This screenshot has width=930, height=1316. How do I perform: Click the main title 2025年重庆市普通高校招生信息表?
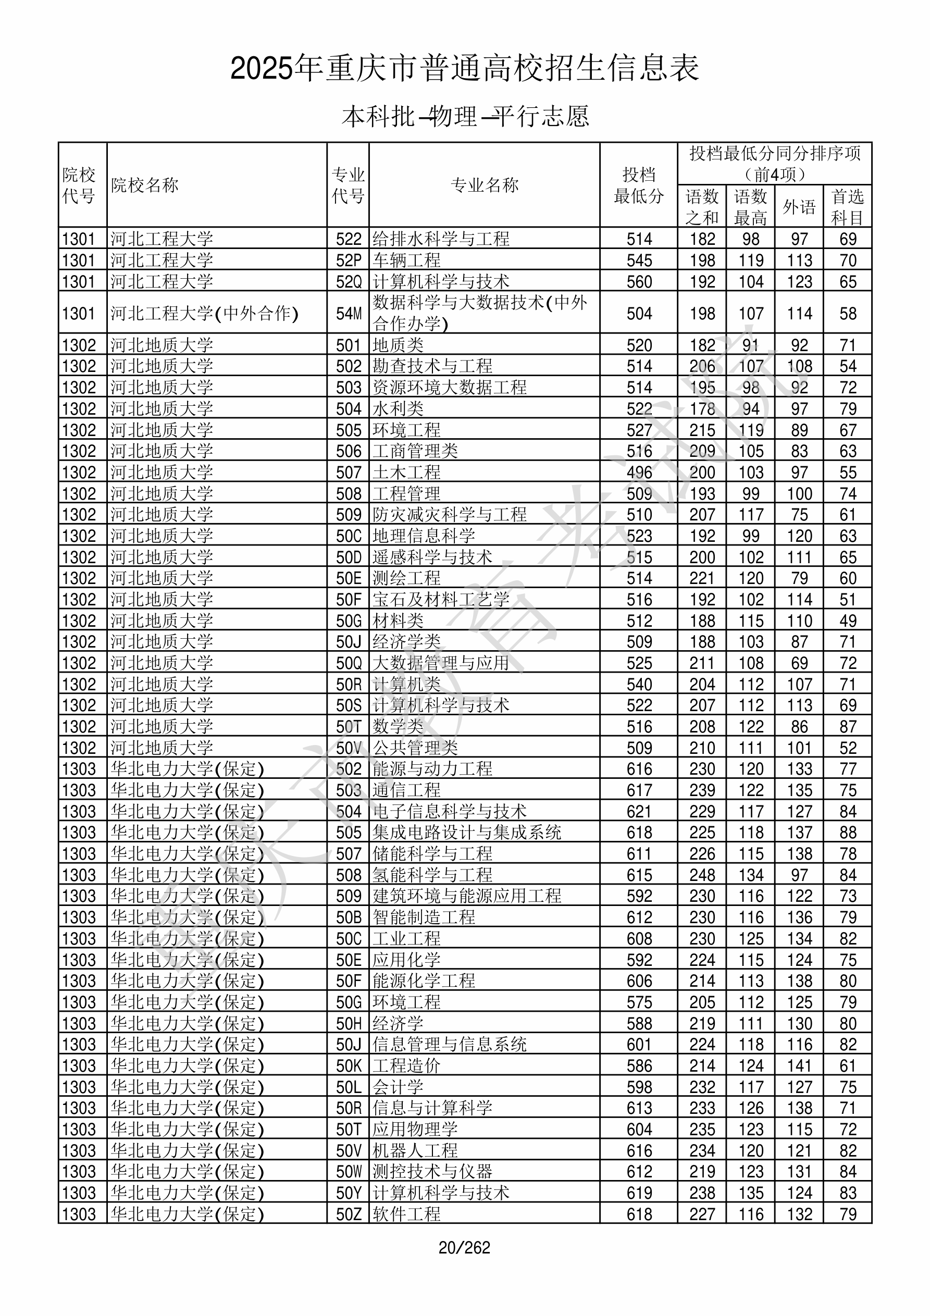(464, 68)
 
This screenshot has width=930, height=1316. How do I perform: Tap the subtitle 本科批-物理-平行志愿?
(465, 116)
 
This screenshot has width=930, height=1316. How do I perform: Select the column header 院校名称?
(145, 185)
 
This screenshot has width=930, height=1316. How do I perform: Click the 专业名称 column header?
(485, 185)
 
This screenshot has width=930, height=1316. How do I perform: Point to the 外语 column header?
(799, 206)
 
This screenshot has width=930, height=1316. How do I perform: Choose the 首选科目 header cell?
(848, 206)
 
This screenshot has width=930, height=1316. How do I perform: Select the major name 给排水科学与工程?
(441, 239)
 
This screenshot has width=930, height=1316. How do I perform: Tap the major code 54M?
(349, 314)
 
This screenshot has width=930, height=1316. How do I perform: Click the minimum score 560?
(639, 281)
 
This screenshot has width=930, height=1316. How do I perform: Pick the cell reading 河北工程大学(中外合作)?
(205, 314)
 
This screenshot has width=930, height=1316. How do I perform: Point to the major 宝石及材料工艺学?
(441, 600)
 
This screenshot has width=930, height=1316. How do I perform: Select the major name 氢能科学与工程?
(432, 875)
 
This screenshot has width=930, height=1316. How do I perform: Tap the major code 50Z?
(349, 1214)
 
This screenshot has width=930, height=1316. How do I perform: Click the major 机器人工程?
(415, 1150)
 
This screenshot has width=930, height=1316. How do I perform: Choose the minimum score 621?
(639, 812)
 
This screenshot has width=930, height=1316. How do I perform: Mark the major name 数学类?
(398, 727)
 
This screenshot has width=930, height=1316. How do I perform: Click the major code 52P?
(349, 260)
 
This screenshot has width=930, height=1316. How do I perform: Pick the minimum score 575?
(639, 1002)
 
